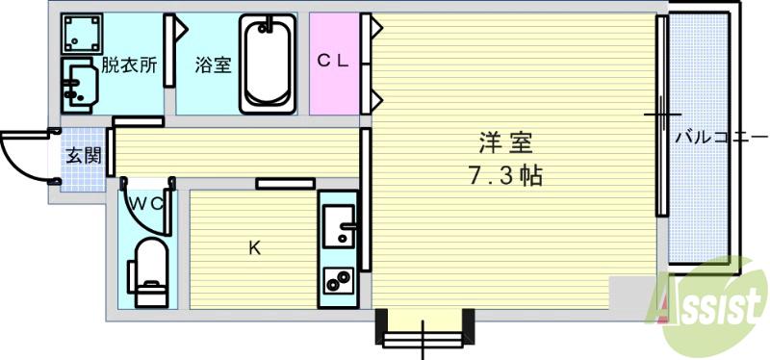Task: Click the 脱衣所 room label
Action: tap(131, 66)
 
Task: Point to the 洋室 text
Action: tap(505, 141)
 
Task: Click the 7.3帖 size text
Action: tap(505, 177)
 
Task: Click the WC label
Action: tap(149, 203)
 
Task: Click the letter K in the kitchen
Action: tap(254, 248)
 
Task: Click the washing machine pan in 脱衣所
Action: tap(82, 36)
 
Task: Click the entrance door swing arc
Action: tap(24, 154)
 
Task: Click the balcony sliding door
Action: tap(662, 116)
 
